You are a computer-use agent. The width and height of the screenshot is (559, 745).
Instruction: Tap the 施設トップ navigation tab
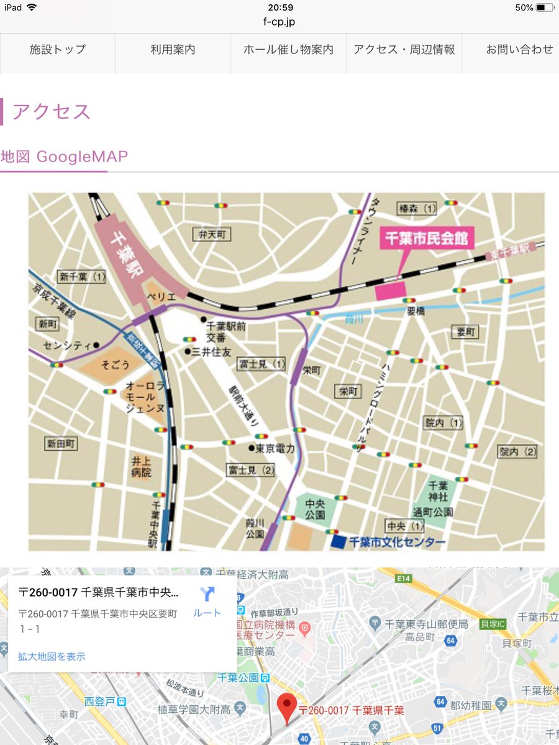coord(58,50)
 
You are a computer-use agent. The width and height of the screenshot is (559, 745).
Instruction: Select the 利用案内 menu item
coord(173,50)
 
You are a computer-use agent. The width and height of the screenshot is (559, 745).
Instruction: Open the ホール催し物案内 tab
coord(288,50)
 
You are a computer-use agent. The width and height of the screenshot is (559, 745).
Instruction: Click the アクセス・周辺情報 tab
coord(404,50)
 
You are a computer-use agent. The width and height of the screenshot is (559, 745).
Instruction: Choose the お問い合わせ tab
coord(519,50)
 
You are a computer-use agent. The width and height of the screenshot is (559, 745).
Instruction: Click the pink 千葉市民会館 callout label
coord(427,238)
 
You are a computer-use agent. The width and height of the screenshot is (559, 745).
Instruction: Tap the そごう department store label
coord(115,365)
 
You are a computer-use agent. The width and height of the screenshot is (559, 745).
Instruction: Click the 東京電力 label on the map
coord(275,448)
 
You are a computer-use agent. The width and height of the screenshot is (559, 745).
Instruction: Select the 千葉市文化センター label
coord(398,542)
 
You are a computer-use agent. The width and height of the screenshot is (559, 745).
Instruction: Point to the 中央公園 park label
coord(316,510)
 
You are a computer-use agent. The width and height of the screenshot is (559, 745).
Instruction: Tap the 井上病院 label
coord(141,467)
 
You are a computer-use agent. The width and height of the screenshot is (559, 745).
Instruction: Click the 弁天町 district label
coord(211,234)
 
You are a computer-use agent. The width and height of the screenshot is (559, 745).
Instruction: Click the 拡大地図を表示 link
coord(52,656)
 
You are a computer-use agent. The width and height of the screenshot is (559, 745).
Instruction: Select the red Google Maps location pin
coord(286,708)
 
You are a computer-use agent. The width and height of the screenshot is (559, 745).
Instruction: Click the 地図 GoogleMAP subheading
coord(65,156)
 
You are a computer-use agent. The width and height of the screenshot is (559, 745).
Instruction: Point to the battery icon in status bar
coord(545,7)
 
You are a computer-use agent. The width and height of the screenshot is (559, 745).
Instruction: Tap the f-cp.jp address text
coord(279,22)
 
